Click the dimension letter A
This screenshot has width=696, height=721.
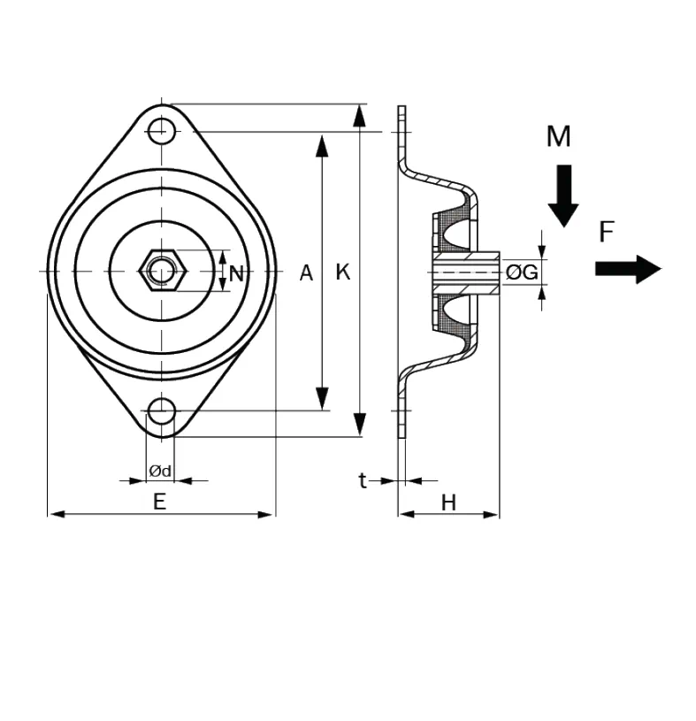click(306, 272)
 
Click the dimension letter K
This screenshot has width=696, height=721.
click(343, 272)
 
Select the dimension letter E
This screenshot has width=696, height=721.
click(159, 502)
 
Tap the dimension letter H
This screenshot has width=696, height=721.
click(448, 503)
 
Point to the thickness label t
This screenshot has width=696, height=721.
click(362, 480)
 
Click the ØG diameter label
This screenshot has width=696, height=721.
click(522, 272)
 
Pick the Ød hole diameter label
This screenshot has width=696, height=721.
click(160, 470)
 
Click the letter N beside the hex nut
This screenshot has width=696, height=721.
click(236, 273)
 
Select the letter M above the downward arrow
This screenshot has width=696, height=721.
click(558, 137)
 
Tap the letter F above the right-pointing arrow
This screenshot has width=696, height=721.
click(606, 233)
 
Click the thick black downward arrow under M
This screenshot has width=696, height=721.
click(562, 196)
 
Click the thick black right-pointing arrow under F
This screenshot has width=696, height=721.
click(628, 268)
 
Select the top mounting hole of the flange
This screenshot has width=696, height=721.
click(160, 131)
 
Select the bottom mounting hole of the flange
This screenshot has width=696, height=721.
click(160, 411)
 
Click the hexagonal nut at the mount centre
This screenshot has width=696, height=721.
click(162, 268)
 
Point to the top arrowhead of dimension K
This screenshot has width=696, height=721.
click(359, 115)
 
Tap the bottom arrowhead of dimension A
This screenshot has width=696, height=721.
click(323, 399)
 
